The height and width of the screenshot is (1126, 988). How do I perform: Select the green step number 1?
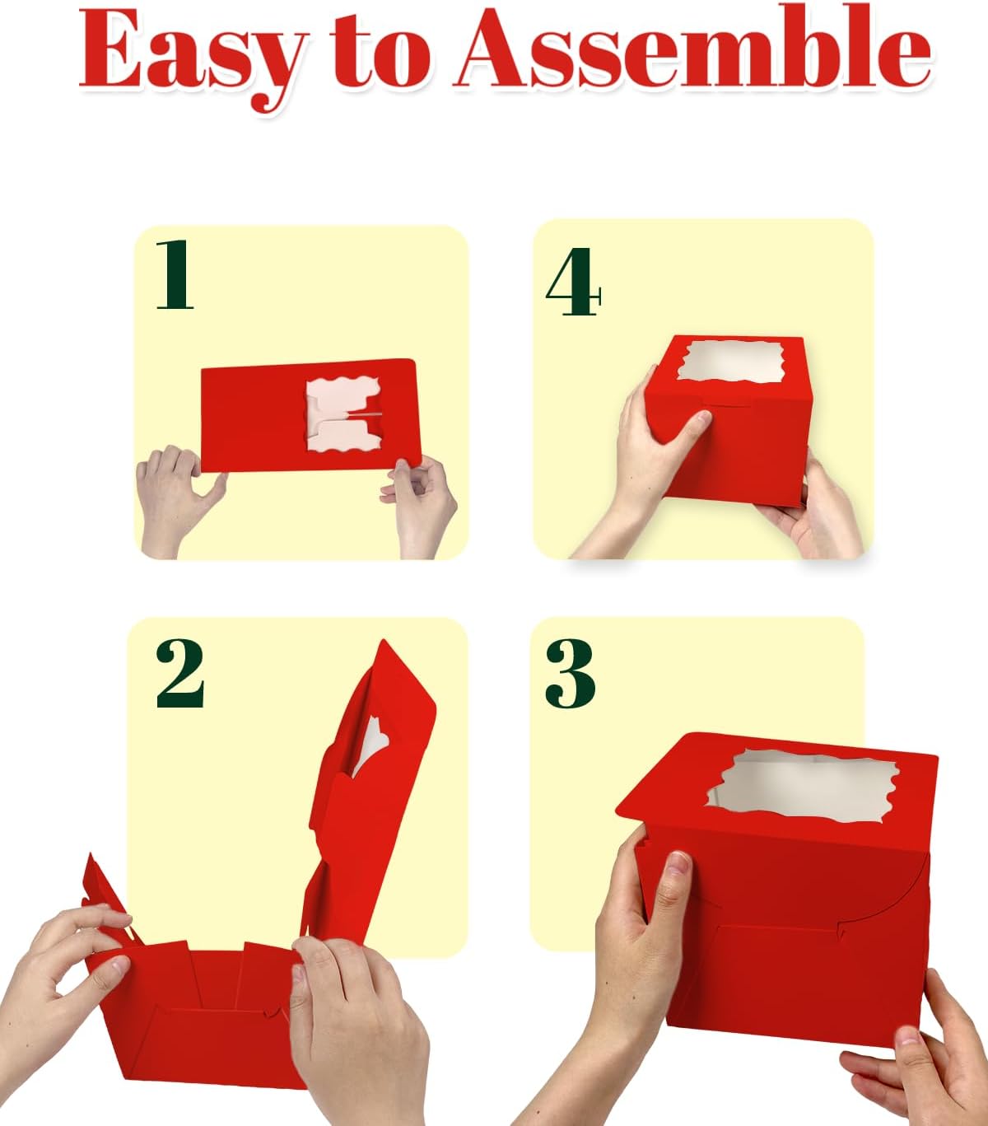coord(175,274)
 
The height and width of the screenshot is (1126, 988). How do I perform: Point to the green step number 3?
coord(571,673)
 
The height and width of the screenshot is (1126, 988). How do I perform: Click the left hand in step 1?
coord(175,500)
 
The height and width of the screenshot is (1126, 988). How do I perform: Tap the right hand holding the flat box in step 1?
coord(422,506)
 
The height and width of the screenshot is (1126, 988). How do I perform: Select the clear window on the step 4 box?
coord(729,362)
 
